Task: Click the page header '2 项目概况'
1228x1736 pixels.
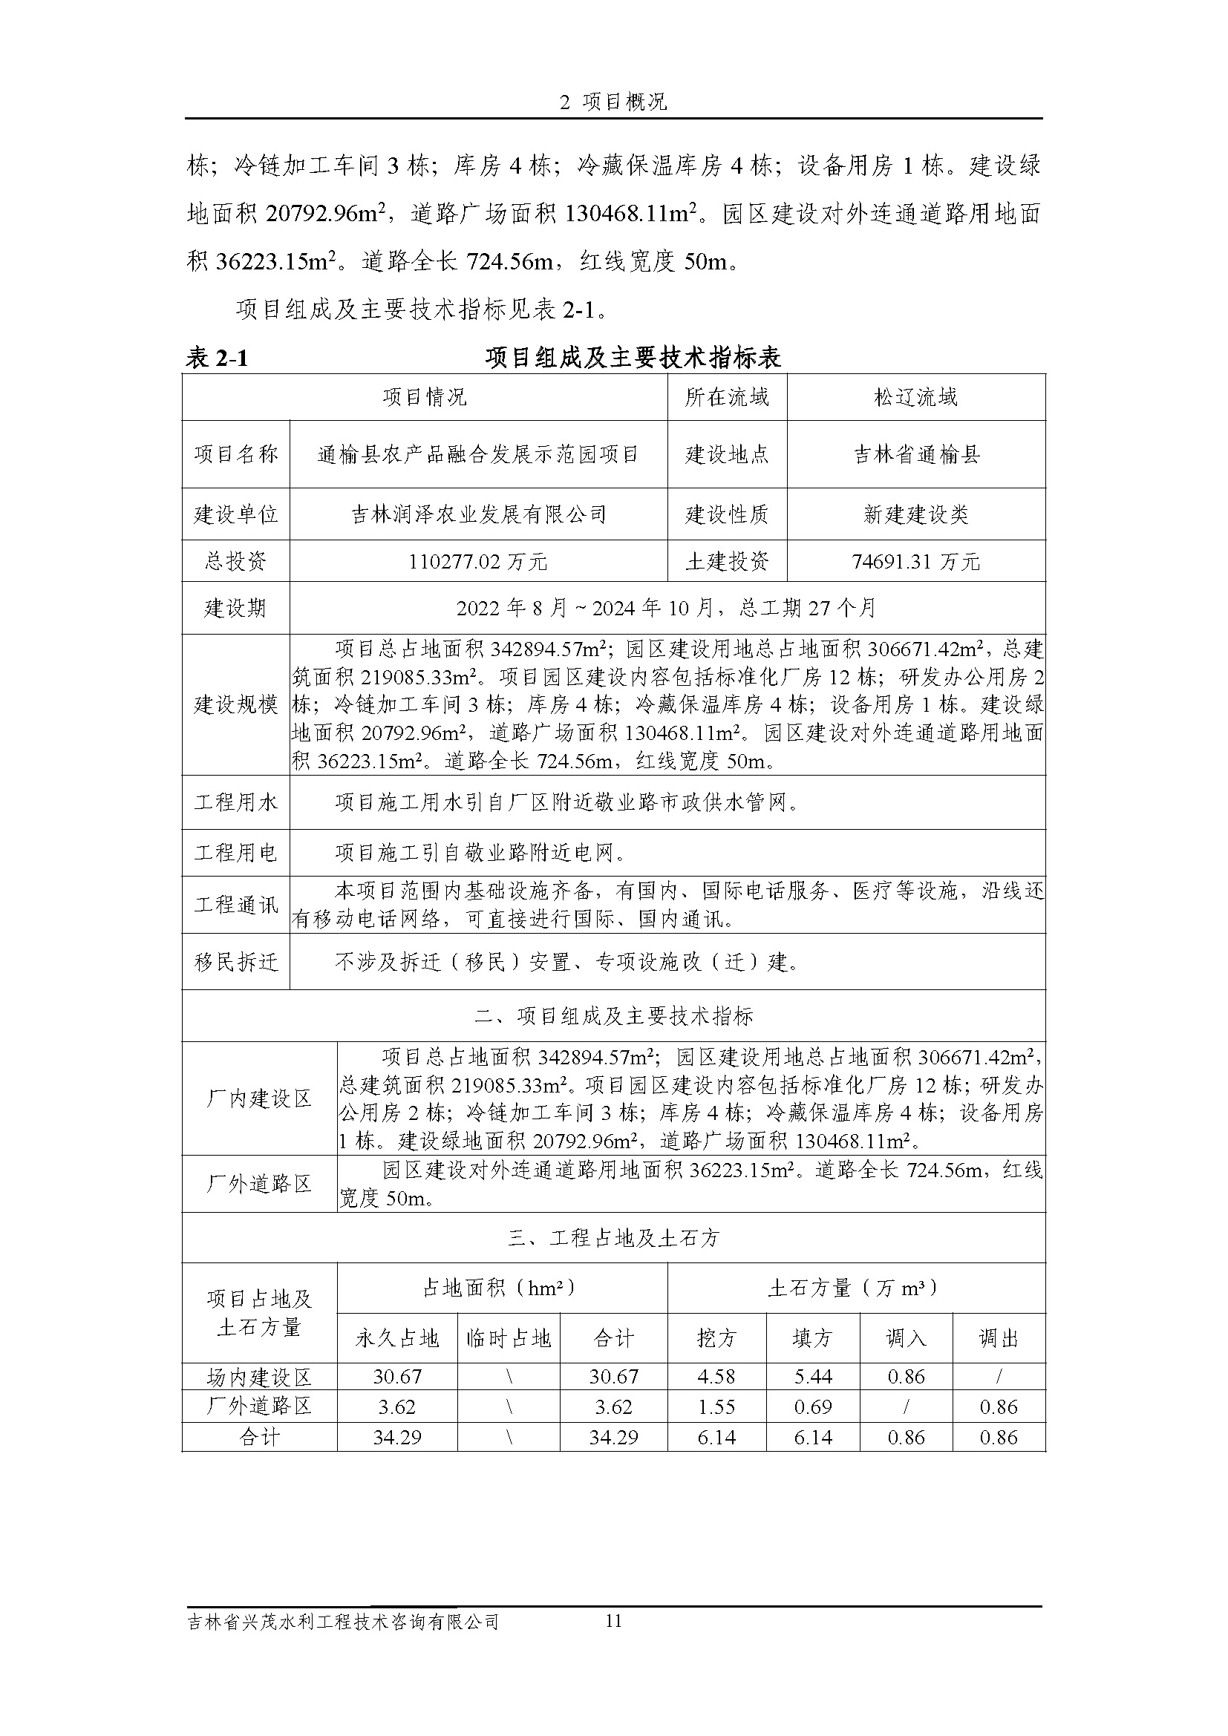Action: point(613,102)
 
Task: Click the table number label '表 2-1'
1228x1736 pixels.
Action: point(217,358)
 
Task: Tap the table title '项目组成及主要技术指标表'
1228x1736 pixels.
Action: point(633,358)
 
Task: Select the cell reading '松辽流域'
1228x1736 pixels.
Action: point(915,397)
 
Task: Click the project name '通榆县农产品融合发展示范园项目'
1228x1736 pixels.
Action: point(478,454)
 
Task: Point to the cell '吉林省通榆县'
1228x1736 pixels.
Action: point(915,454)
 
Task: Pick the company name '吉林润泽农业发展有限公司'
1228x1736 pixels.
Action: point(478,515)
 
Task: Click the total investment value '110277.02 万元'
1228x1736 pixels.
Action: point(478,562)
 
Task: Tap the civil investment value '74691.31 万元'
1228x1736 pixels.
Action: point(915,562)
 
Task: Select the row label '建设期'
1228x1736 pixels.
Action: point(235,608)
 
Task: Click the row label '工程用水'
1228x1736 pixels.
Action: point(235,802)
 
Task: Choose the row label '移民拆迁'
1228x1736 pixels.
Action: point(235,963)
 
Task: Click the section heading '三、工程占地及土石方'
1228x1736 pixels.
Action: point(613,1239)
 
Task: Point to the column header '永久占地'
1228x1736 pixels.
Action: point(397,1339)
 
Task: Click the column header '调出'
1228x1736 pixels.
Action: point(999,1339)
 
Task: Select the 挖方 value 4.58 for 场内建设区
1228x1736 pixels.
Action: point(716,1377)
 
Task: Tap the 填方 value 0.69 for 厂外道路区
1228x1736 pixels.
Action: point(813,1407)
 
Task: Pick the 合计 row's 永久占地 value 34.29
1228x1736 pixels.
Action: point(397,1438)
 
